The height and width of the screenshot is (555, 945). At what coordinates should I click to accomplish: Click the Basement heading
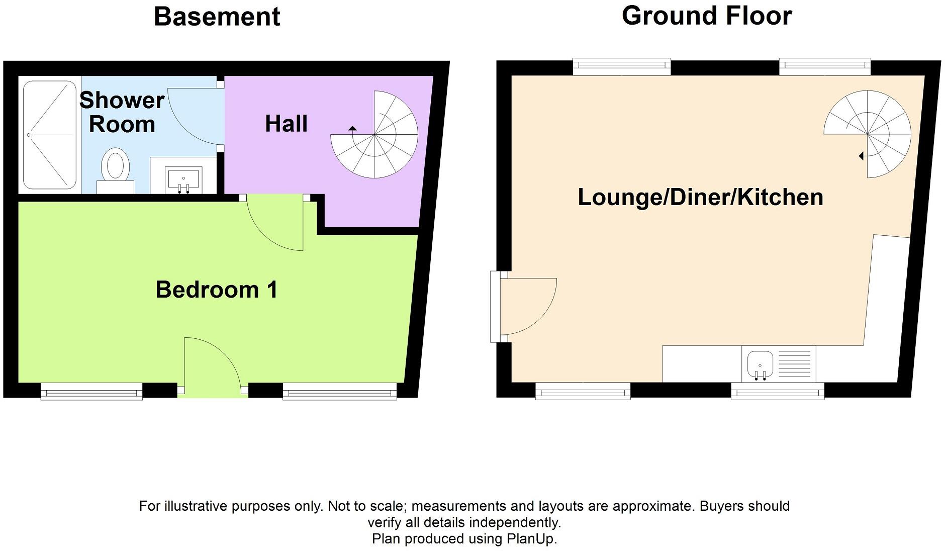tap(217, 17)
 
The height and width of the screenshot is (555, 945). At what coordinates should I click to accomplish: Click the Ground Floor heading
tap(707, 16)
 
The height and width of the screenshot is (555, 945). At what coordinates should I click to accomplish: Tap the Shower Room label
tap(122, 112)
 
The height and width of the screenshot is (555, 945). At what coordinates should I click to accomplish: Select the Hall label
tap(286, 124)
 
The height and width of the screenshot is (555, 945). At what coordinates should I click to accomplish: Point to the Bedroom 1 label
tap(217, 290)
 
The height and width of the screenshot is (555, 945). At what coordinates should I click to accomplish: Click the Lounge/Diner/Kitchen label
tap(700, 197)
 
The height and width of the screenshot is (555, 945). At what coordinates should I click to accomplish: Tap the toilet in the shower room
tap(116, 170)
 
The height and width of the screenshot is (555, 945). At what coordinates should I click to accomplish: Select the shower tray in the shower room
tap(50, 135)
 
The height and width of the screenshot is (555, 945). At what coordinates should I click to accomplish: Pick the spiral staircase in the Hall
tap(374, 135)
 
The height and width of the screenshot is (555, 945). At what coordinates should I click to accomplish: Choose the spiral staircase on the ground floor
tap(868, 134)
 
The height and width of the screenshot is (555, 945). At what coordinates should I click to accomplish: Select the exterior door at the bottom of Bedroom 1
tap(213, 365)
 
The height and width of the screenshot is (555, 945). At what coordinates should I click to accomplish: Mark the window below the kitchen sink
tap(778, 391)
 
